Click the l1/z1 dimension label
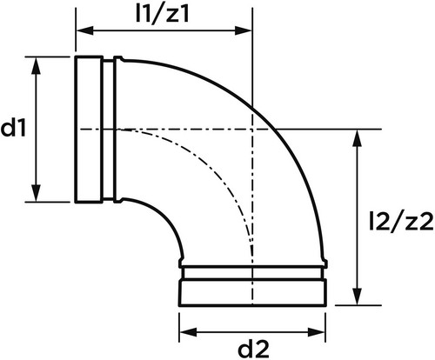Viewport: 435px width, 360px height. coord(163,13)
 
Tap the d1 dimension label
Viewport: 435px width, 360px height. coord(13,128)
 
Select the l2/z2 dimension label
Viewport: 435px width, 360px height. coord(401,222)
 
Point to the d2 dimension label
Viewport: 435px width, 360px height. coord(253,349)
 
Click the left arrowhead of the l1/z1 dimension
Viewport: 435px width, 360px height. coord(84,30)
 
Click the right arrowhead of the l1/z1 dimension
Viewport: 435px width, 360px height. coord(243,30)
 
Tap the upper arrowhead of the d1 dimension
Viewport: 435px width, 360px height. coord(36,66)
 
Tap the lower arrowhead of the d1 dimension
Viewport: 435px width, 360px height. coord(36,192)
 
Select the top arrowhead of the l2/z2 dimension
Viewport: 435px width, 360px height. coord(358,138)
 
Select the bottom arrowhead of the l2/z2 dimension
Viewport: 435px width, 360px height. coord(358,296)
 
